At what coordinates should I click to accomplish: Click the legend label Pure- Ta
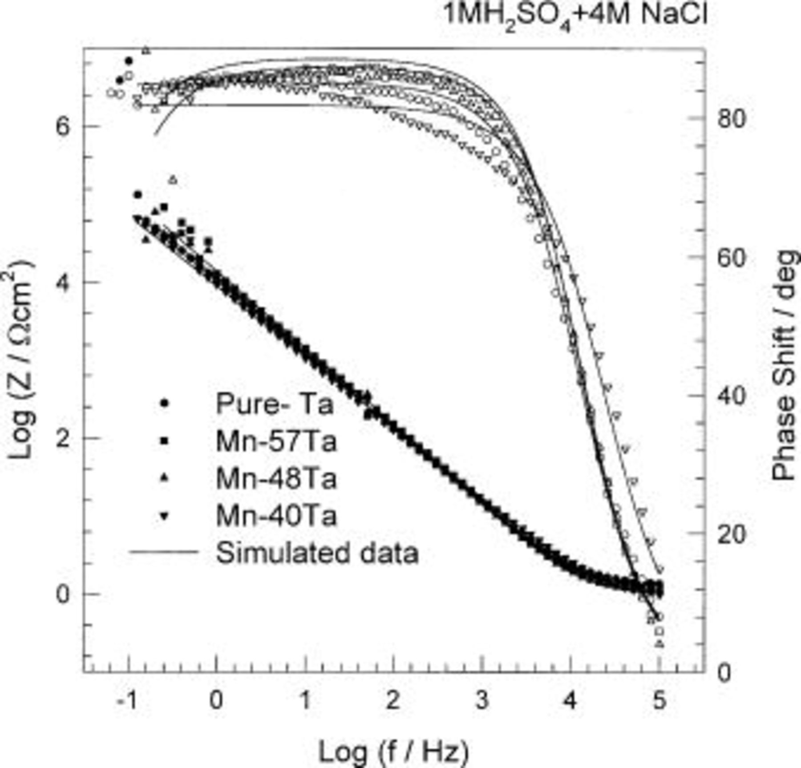[274, 404]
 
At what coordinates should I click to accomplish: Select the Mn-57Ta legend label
[276, 441]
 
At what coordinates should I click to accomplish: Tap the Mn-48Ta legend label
[276, 479]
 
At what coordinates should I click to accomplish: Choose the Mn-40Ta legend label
[276, 516]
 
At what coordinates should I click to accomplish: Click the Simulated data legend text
[317, 553]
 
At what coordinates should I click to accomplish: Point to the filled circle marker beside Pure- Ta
[165, 404]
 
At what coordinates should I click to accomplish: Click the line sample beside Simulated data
[163, 552]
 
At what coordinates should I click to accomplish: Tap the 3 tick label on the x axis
[482, 700]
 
